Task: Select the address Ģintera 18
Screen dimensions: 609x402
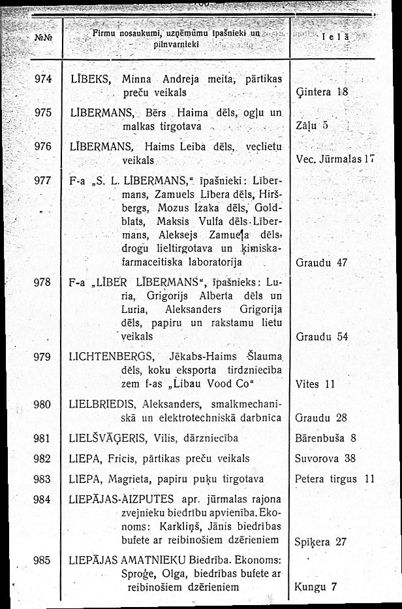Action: pos(323,92)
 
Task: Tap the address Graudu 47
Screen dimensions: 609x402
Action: pos(321,264)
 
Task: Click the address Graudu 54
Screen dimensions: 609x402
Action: pos(321,337)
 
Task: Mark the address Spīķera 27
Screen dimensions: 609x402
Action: pos(321,541)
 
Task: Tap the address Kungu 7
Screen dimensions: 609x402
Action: pos(316,586)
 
